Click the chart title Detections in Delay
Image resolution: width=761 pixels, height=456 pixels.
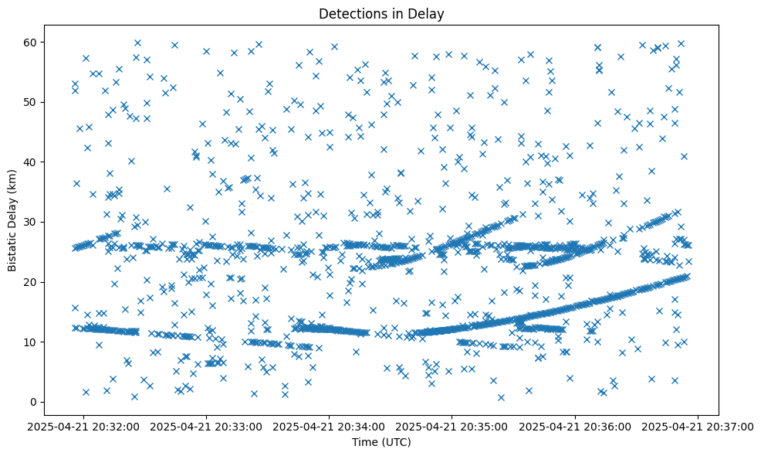click(x=381, y=13)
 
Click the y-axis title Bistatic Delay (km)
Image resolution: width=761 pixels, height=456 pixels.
click(x=12, y=221)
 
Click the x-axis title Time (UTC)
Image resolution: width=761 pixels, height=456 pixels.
click(x=381, y=442)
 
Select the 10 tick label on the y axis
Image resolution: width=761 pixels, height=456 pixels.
click(x=32, y=342)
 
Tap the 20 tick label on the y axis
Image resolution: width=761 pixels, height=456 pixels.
click(x=32, y=282)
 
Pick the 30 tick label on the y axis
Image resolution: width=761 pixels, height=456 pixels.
click(x=32, y=222)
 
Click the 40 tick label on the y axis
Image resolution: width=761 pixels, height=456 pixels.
click(x=32, y=162)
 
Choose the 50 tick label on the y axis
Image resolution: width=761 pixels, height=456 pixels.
click(x=32, y=102)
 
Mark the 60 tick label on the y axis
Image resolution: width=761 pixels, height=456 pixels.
click(x=32, y=42)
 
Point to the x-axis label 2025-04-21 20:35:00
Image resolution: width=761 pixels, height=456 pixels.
click(x=453, y=426)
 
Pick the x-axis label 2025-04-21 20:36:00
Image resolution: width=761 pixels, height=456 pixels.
click(x=576, y=426)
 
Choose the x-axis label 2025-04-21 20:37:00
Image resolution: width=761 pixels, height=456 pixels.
click(x=698, y=426)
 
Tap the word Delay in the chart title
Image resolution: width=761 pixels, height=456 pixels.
click(x=428, y=13)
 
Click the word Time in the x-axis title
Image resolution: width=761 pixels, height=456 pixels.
click(x=364, y=442)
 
